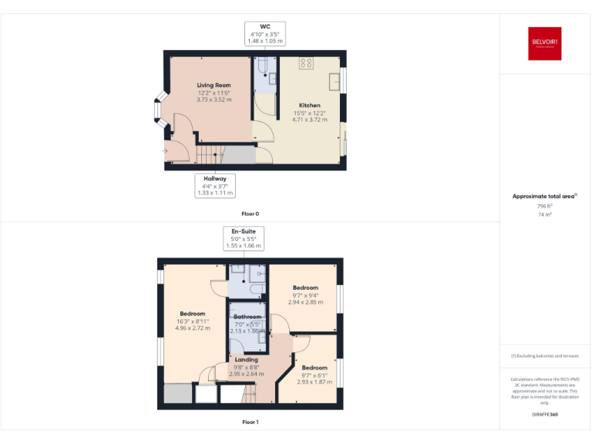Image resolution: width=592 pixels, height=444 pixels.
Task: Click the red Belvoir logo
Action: click(x=545, y=45)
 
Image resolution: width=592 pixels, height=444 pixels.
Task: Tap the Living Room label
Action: click(x=214, y=85)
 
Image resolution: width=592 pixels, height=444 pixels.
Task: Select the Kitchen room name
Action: click(x=310, y=106)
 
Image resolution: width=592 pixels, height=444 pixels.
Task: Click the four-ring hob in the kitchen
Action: click(x=306, y=63)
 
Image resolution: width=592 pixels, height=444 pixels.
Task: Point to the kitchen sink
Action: click(x=335, y=80)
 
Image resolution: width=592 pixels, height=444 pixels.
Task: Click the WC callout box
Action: click(x=266, y=34)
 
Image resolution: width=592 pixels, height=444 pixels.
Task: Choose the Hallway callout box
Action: click(x=215, y=186)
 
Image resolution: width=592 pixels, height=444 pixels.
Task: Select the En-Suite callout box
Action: click(x=244, y=238)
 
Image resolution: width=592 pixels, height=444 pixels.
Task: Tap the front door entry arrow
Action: click(x=164, y=151)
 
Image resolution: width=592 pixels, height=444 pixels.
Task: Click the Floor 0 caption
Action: click(x=250, y=213)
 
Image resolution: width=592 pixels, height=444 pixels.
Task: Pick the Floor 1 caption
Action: click(x=250, y=422)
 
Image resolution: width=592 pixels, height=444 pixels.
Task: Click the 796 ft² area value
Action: click(x=545, y=206)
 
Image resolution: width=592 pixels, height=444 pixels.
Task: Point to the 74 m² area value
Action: click(x=545, y=214)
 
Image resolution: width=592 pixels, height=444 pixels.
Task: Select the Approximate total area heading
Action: click(x=544, y=197)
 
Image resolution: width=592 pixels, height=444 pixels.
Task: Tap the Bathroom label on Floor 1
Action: click(x=247, y=317)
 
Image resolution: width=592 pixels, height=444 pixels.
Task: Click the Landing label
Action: click(x=247, y=360)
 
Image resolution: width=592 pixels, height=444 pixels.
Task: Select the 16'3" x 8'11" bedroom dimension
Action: click(x=192, y=321)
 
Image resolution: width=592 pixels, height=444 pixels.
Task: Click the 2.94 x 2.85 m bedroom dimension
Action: click(x=305, y=302)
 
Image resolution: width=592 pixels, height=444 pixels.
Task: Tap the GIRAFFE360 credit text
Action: click(x=545, y=415)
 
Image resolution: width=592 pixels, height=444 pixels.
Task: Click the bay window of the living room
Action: click(x=160, y=109)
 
